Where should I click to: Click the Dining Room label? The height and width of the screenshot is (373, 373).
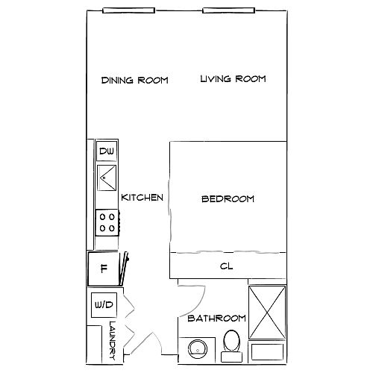tap(135, 81)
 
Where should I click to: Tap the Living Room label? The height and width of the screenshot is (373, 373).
tap(233, 79)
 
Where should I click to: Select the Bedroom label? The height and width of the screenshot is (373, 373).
tap(228, 199)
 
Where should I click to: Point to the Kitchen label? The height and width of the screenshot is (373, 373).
tap(142, 198)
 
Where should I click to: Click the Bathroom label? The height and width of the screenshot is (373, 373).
tap(216, 319)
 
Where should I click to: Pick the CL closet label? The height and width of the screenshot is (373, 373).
tap(227, 266)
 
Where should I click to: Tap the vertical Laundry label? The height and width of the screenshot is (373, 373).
tap(113, 341)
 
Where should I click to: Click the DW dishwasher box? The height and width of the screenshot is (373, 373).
tap(107, 151)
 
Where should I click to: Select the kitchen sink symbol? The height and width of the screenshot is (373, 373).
tap(107, 178)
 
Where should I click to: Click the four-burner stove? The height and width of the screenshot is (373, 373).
tap(107, 222)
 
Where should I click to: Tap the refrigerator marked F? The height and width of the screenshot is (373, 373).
tap(103, 269)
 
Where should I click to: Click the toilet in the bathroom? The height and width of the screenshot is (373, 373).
tap(232, 345)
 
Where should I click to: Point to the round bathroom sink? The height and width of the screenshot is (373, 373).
tap(198, 349)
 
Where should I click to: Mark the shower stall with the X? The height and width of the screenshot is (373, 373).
tap(267, 313)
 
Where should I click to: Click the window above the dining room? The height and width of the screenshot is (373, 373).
tap(129, 10)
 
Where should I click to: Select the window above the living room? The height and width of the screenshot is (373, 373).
tap(229, 10)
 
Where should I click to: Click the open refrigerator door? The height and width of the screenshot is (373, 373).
tap(124, 269)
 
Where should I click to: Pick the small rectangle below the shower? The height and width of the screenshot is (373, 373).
tap(267, 352)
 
